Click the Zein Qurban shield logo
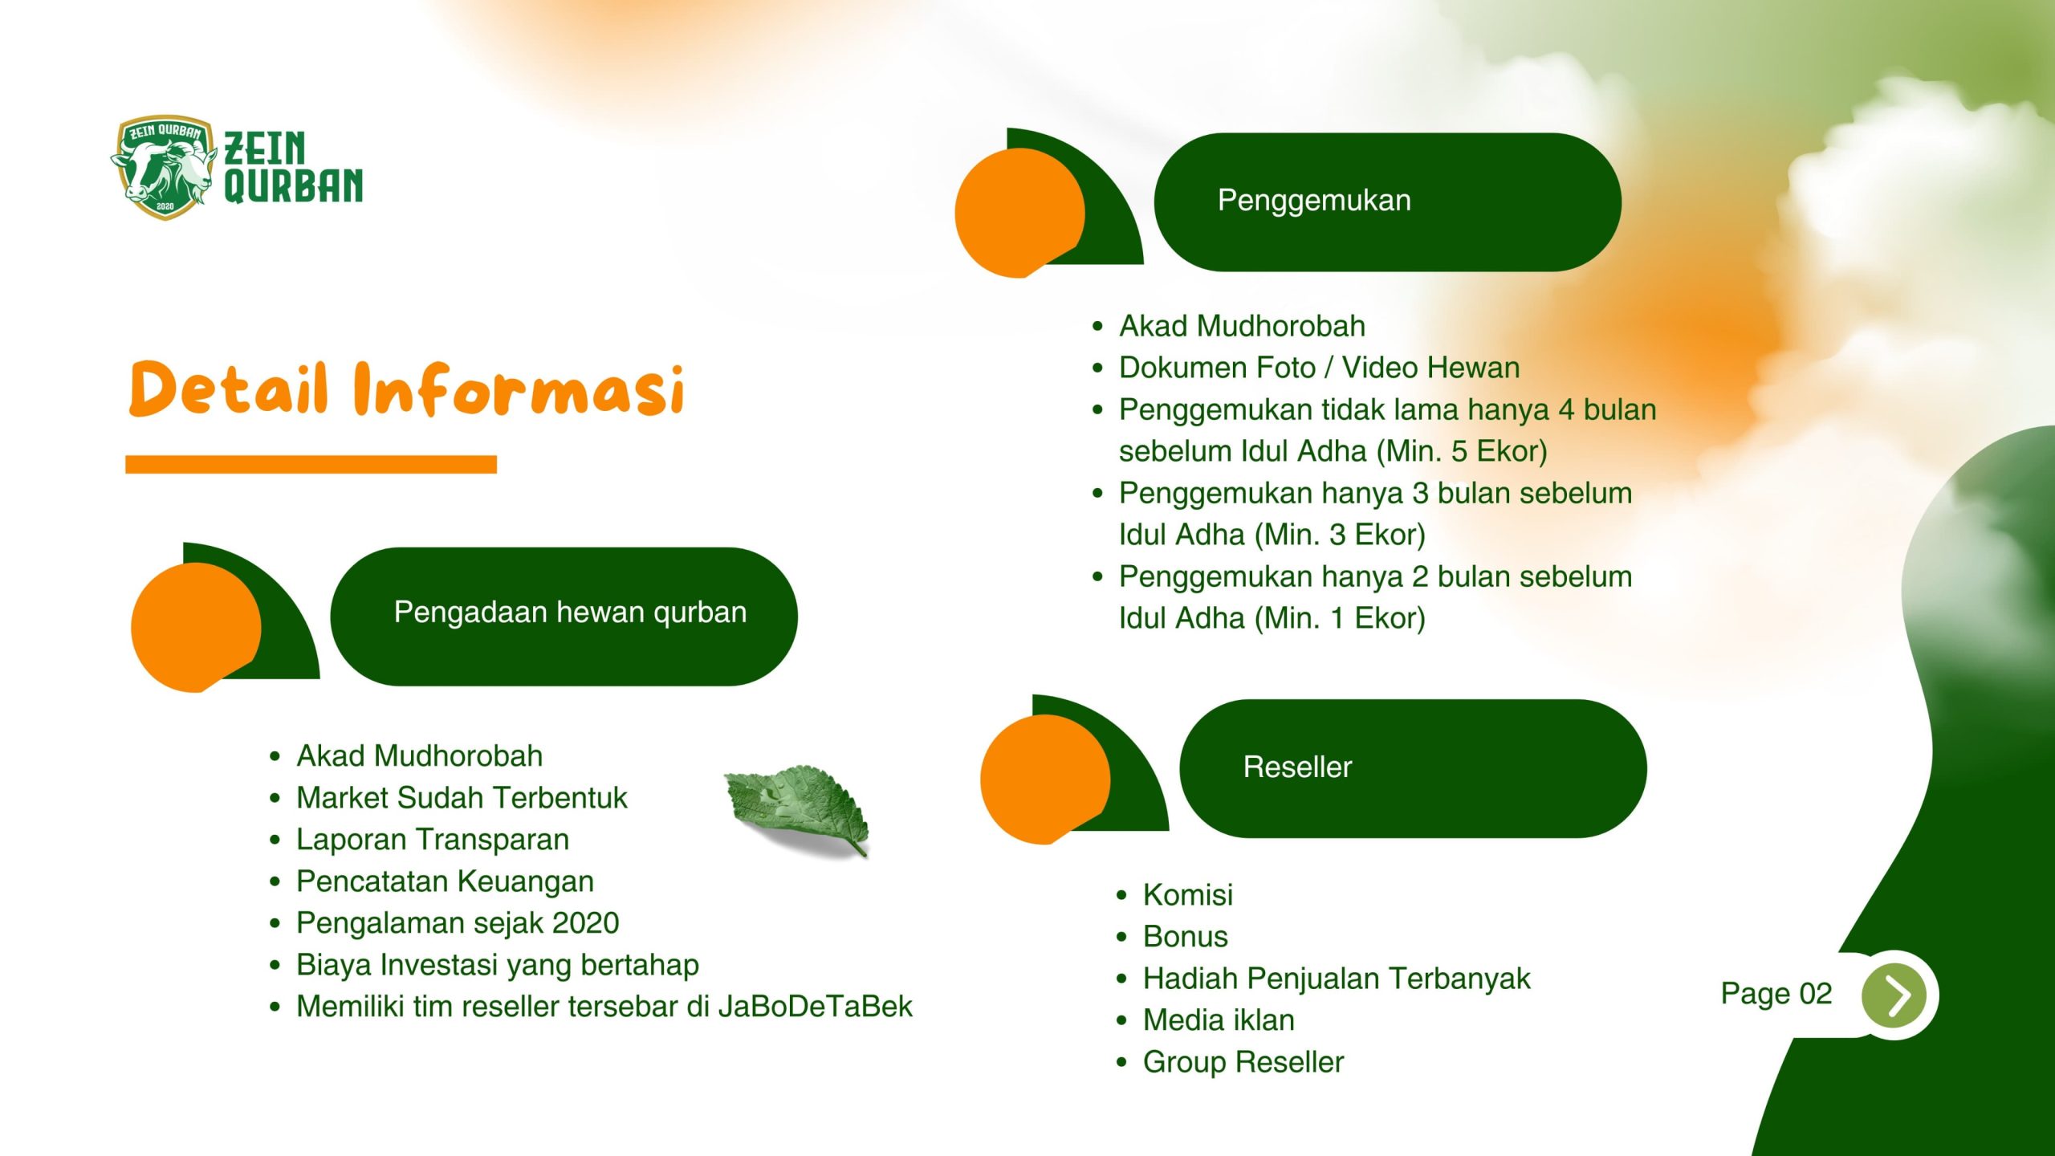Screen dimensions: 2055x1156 click(x=164, y=167)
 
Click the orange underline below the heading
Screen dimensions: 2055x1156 click(x=311, y=464)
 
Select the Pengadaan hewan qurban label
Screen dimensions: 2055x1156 click(x=570, y=612)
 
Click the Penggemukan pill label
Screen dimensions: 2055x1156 click(x=1314, y=201)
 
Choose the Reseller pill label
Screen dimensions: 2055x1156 click(x=1297, y=767)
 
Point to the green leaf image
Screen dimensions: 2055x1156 click(x=797, y=810)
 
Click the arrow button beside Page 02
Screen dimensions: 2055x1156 click(x=1894, y=995)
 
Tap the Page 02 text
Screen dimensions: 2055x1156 click(x=1776, y=994)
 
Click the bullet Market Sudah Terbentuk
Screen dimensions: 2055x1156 click(x=462, y=797)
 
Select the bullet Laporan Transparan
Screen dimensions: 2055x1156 click(x=433, y=839)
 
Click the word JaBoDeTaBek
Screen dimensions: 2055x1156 click(x=815, y=1006)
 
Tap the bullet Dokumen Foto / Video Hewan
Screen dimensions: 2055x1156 click(x=1319, y=368)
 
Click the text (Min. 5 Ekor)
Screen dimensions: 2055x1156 click(x=1461, y=451)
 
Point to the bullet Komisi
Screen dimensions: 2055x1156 click(x=1187, y=894)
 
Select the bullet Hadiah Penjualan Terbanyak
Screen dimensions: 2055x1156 click(x=1337, y=979)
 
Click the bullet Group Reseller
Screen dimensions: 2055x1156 click(x=1243, y=1062)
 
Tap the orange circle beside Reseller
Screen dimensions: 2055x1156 click(x=1045, y=779)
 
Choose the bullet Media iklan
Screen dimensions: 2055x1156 click(x=1219, y=1020)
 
